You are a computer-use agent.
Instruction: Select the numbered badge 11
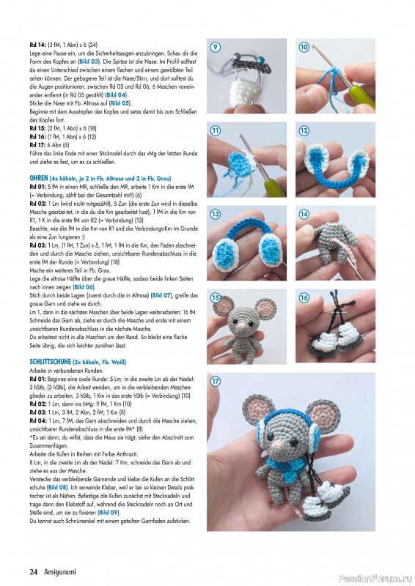[x=216, y=131]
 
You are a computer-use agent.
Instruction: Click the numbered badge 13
[x=216, y=215]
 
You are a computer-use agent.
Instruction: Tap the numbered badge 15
[x=216, y=298]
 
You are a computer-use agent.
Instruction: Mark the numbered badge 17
[x=216, y=382]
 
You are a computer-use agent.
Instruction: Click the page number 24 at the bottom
[x=34, y=571]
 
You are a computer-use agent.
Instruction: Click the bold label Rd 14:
[x=38, y=45]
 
